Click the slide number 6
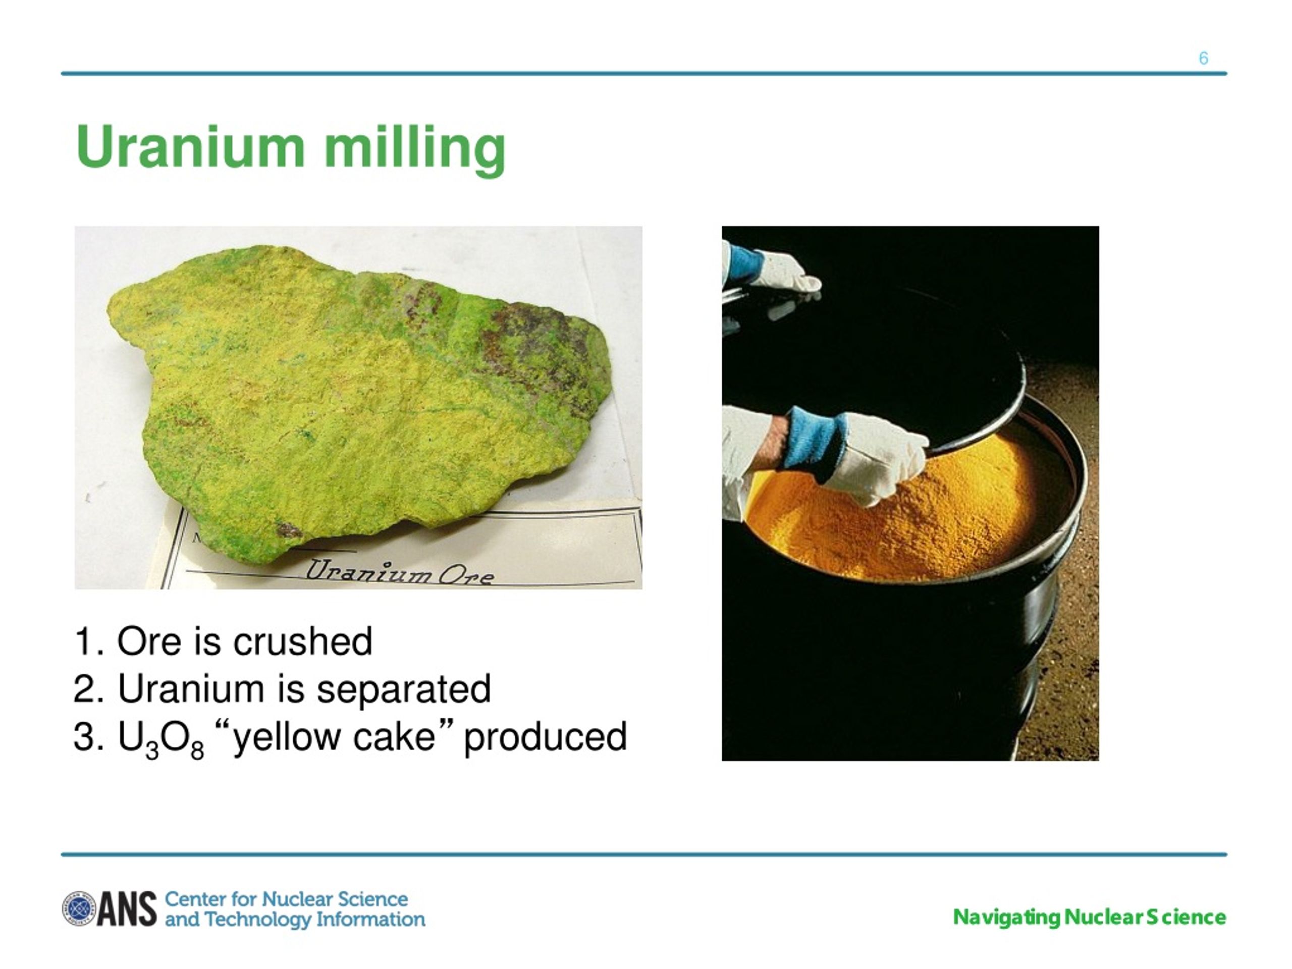click(1203, 59)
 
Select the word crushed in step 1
click(302, 641)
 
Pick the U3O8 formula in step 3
click(160, 738)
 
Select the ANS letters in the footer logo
click(127, 909)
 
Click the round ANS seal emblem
click(79, 908)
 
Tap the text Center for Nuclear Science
click(286, 898)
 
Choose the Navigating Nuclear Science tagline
click(1089, 917)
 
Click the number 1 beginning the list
click(83, 641)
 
